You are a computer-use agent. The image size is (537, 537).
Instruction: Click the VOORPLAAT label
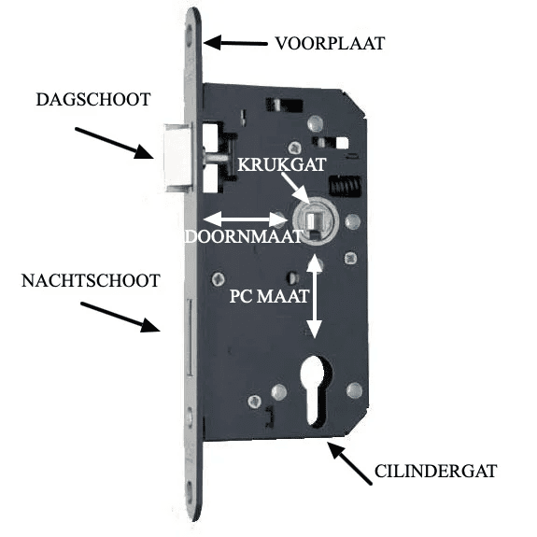tap(331, 44)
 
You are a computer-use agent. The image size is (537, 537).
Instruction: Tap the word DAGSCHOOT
tap(93, 100)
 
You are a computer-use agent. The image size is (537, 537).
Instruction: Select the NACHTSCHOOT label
tap(91, 280)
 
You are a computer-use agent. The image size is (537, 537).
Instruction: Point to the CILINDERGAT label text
tap(435, 472)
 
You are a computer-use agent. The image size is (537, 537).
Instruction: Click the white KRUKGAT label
tap(281, 164)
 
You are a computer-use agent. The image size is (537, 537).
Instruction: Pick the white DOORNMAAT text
tap(244, 236)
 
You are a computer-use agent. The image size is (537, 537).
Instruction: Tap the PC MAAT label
tap(269, 296)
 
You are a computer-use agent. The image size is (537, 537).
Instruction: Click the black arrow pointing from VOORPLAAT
tap(235, 43)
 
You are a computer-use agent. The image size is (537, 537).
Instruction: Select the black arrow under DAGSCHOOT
tap(114, 143)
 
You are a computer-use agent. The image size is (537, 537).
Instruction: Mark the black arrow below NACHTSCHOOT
tap(120, 317)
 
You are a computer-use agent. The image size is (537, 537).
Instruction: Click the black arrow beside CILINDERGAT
tap(349, 463)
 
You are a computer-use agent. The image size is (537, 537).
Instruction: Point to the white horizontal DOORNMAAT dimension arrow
tap(246, 219)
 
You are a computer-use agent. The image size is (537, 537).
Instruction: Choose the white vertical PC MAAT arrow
tap(314, 296)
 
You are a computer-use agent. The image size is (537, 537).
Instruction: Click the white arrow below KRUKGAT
tap(297, 190)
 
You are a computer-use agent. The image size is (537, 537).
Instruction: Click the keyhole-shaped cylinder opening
tap(315, 389)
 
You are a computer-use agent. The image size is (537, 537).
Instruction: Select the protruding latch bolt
tap(178, 158)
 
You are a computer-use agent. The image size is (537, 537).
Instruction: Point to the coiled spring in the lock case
tap(345, 187)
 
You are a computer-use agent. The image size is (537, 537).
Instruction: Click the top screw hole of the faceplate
tap(190, 35)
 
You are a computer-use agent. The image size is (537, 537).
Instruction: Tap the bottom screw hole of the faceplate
tap(190, 492)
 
